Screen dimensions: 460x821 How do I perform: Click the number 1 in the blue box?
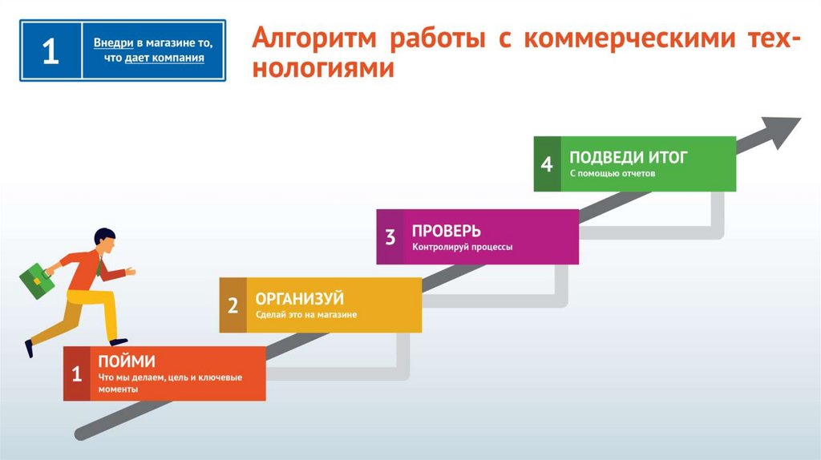click(x=50, y=51)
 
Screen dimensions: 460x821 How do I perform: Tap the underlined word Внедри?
click(x=113, y=42)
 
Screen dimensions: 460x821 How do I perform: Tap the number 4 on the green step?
click(x=547, y=164)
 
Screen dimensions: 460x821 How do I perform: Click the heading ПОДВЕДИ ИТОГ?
click(x=628, y=157)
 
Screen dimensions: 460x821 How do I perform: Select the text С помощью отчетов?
click(x=612, y=174)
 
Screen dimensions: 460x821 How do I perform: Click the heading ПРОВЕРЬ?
click(x=447, y=231)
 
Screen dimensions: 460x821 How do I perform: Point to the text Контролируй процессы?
click(x=462, y=247)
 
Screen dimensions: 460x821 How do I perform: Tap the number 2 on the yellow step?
click(x=233, y=305)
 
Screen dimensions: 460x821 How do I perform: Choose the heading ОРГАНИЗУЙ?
click(x=299, y=299)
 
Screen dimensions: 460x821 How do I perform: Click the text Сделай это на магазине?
click(x=305, y=315)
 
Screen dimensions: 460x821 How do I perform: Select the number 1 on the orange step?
click(x=77, y=373)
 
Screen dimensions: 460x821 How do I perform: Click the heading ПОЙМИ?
click(x=127, y=361)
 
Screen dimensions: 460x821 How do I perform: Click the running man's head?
click(x=104, y=238)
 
